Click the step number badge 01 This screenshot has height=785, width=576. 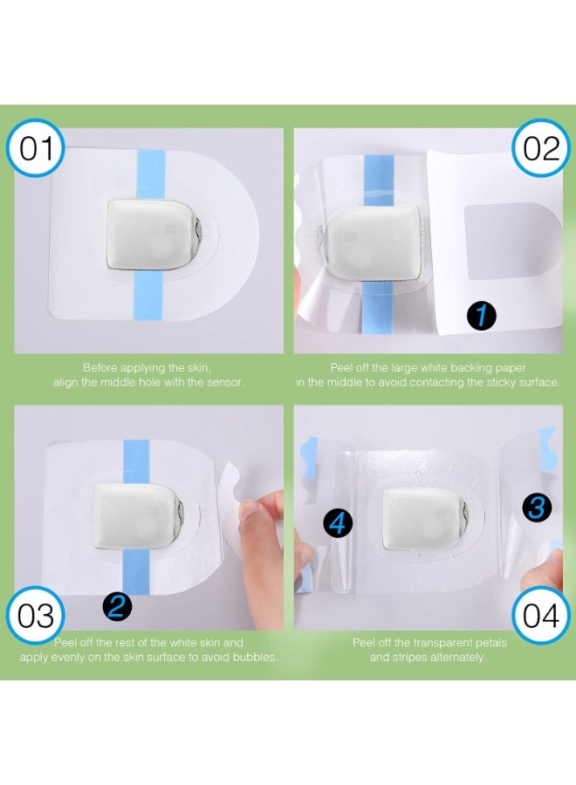pos(37,148)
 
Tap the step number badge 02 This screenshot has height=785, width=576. pos(541,148)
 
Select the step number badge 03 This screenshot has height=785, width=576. pos(37,616)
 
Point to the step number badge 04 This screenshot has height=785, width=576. pos(541,616)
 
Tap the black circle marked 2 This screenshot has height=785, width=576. pos(116,604)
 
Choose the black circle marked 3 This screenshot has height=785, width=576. pos(538,506)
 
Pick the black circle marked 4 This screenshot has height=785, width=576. pos(339,523)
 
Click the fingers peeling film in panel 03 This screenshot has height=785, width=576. pos(260,532)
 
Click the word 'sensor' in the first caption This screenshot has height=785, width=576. pos(223,382)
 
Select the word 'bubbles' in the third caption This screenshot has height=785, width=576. pos(253,657)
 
